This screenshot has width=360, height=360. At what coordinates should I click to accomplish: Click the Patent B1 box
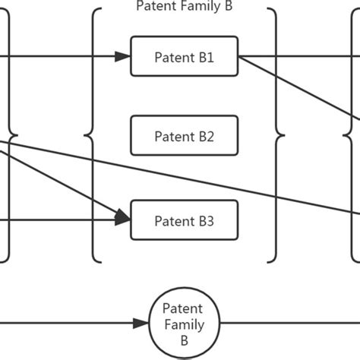click(x=185, y=56)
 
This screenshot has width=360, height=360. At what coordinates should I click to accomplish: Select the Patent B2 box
click(x=185, y=137)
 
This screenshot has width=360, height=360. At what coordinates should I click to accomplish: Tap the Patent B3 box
click(x=185, y=221)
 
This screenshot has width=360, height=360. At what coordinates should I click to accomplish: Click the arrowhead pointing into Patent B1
click(x=124, y=56)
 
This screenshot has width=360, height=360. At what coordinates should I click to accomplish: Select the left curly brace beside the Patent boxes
click(x=94, y=137)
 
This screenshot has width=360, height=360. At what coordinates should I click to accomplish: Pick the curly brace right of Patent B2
click(x=276, y=137)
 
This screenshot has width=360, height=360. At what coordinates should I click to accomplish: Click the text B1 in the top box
click(x=206, y=56)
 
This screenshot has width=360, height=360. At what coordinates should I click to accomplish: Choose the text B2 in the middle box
click(x=206, y=137)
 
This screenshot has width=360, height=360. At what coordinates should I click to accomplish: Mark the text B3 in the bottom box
click(x=206, y=221)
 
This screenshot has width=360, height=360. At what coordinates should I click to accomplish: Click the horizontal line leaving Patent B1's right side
click(x=296, y=56)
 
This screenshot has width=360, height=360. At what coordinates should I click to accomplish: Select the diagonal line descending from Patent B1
click(x=304, y=90)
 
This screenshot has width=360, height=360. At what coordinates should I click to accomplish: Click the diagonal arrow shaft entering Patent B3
click(x=61, y=182)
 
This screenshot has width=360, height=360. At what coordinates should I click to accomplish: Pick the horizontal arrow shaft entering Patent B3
click(x=61, y=221)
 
